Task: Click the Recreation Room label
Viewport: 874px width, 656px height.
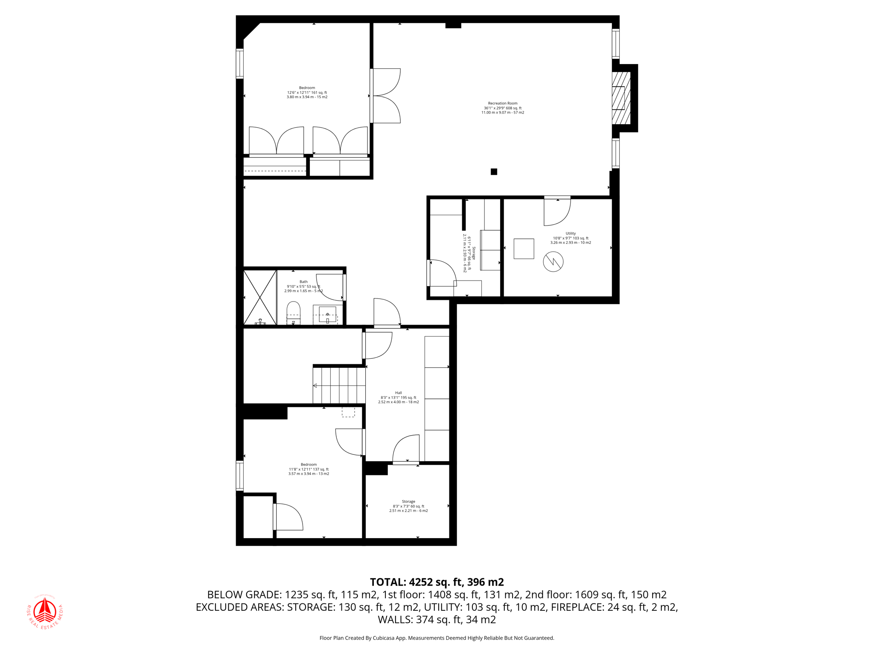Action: click(x=503, y=108)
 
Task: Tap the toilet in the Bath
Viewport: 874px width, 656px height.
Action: click(x=293, y=312)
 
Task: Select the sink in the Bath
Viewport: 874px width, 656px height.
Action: click(x=327, y=315)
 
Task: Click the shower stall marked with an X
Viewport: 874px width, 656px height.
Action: click(x=260, y=297)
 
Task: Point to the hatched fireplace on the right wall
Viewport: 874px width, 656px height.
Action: click(x=621, y=98)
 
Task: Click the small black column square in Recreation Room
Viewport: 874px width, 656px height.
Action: click(x=494, y=172)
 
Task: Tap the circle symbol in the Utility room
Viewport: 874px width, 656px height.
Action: click(x=553, y=262)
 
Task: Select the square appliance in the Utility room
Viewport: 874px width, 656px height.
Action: click(x=524, y=249)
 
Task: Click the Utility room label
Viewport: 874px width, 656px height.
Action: click(x=571, y=238)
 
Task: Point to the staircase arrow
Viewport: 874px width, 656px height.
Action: click(x=315, y=386)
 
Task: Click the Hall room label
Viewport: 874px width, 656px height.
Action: click(x=398, y=397)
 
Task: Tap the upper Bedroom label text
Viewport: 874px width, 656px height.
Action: click(x=307, y=92)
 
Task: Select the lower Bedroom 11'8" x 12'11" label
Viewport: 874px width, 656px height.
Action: click(x=309, y=469)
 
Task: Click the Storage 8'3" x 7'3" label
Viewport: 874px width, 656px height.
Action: click(x=408, y=506)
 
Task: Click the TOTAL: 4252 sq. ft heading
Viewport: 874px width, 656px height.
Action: click(x=437, y=582)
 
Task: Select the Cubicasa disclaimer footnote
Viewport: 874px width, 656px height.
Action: click(x=437, y=638)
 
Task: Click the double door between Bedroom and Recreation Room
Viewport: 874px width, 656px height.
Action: click(x=386, y=96)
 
